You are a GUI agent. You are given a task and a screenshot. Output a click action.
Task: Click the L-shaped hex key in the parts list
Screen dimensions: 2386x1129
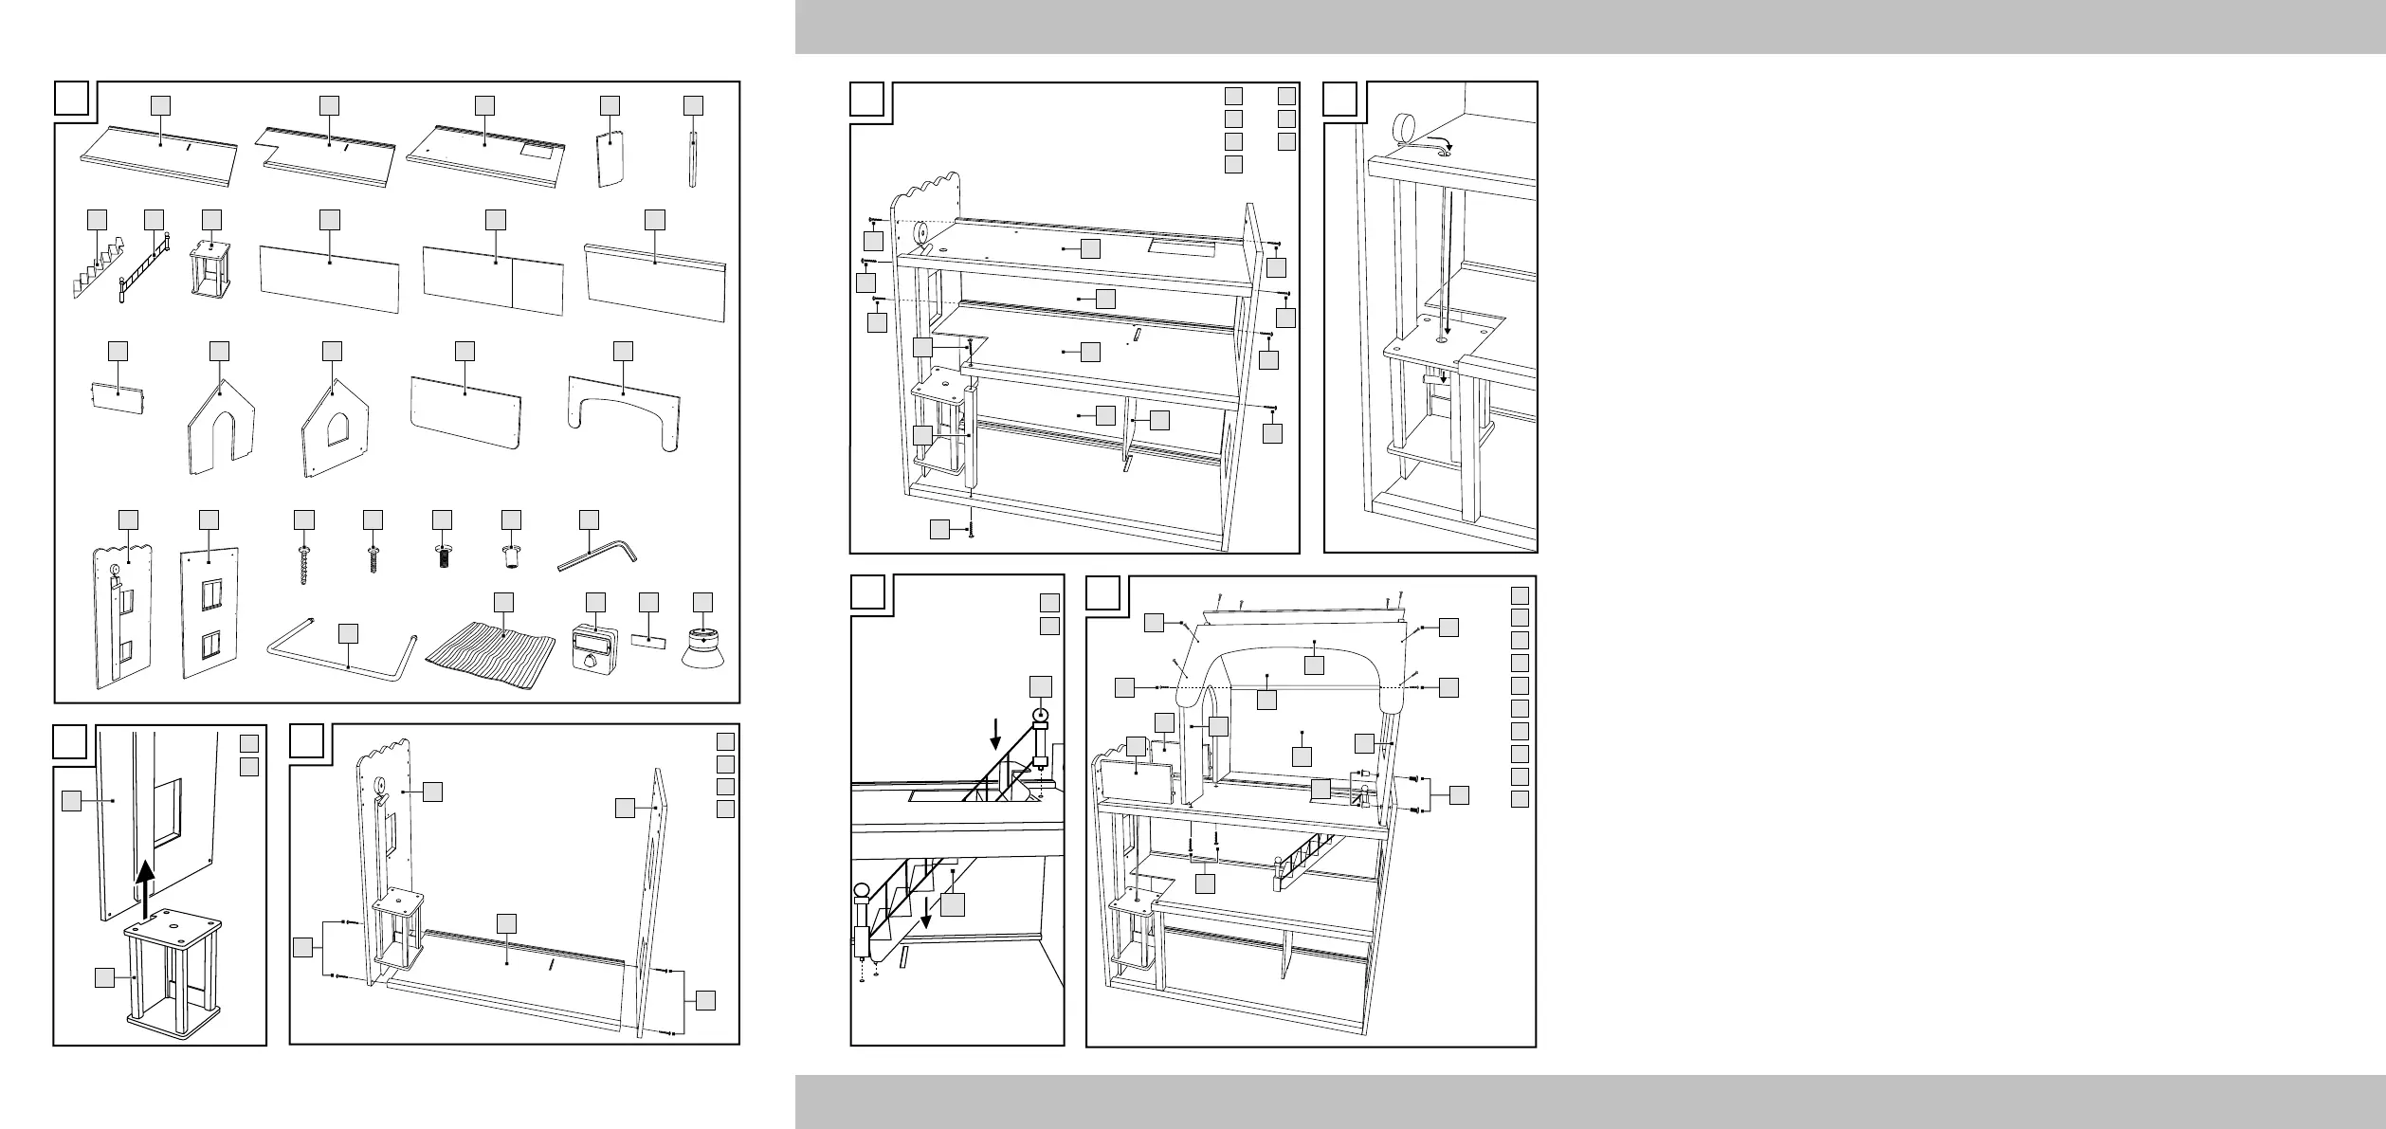597,555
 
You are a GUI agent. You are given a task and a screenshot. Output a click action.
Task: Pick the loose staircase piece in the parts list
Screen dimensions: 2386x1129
97,272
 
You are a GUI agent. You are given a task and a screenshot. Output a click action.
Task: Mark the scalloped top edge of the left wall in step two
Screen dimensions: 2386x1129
383,755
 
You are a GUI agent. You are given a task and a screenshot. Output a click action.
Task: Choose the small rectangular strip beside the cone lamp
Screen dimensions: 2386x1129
650,642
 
